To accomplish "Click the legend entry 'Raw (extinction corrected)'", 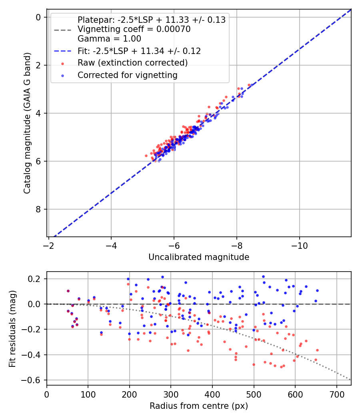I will pyautogui.click(x=132, y=63).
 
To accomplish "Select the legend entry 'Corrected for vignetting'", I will pyautogui.click(x=127, y=75).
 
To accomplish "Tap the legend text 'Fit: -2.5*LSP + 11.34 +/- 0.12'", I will pyautogui.click(x=139, y=51).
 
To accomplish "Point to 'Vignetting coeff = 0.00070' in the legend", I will pyautogui.click(x=134, y=29).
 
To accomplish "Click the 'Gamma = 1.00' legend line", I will pyautogui.click(x=109, y=39).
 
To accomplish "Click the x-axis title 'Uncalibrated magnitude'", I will pyautogui.click(x=199, y=257).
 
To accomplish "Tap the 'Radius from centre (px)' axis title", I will pyautogui.click(x=199, y=406).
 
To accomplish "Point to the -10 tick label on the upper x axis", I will pyautogui.click(x=299, y=244).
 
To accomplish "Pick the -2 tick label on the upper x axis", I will pyautogui.click(x=49, y=244).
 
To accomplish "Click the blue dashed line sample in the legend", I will pyautogui.click(x=63, y=51).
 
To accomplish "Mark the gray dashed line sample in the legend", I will pyautogui.click(x=63, y=30).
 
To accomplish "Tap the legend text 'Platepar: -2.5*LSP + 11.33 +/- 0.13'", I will pyautogui.click(x=151, y=20).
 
